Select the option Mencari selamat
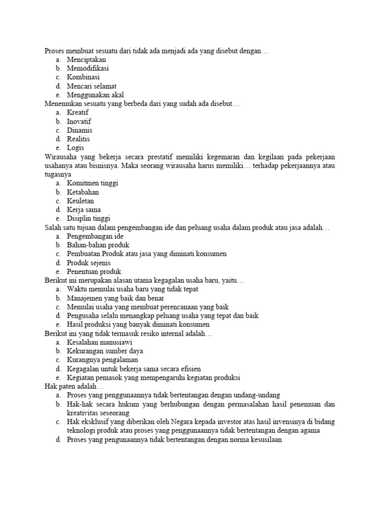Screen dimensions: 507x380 pos(92,86)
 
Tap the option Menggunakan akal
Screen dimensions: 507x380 pos(95,95)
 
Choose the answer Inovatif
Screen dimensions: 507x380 pos(79,121)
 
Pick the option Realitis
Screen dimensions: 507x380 pos(79,139)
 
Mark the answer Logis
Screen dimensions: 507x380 pos(76,148)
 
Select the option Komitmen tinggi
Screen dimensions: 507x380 pos(93,183)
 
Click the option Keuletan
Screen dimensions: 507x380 pos(80,201)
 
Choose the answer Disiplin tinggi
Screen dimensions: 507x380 pos(89,218)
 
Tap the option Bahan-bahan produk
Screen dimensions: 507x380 pos(98,245)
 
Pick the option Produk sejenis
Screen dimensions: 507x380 pos(89,262)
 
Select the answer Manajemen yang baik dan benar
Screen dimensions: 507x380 pos(116,298)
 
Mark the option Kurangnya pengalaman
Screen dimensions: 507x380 pos(102,359)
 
